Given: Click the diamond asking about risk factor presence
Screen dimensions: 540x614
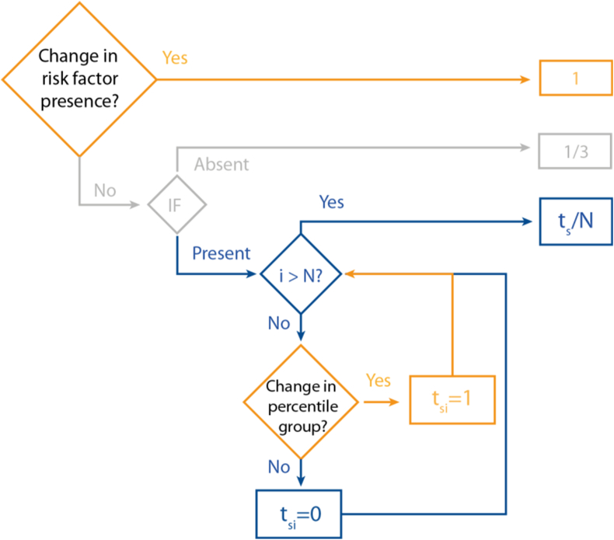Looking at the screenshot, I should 79,79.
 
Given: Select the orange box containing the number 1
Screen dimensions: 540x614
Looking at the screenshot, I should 576,79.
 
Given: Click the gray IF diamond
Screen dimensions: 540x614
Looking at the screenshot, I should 177,205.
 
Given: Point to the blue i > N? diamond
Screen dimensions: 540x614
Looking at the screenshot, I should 301,273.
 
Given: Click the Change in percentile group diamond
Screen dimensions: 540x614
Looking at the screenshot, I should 301,402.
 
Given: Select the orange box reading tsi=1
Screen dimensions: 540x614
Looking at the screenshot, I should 452,402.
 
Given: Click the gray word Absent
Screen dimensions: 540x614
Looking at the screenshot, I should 222,165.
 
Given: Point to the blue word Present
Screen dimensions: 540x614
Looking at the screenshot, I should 222,253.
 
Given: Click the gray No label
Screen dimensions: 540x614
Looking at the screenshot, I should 106,190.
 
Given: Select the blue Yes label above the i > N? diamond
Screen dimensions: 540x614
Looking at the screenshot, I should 332,202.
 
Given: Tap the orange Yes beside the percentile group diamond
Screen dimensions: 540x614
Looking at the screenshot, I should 378,381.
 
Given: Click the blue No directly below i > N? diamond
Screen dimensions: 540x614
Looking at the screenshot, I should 278,322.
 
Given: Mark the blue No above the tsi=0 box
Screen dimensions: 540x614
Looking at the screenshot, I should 278,467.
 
